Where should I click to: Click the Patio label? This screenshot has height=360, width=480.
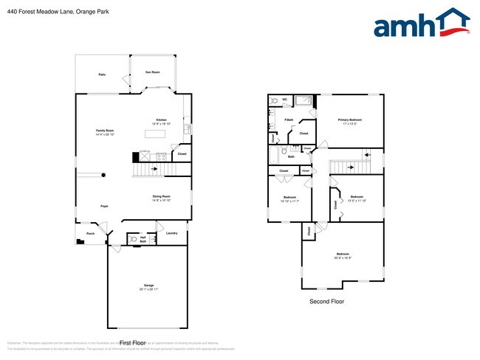[102, 75]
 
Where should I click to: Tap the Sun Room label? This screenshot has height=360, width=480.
[152, 72]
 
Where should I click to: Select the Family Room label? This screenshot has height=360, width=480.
[105, 131]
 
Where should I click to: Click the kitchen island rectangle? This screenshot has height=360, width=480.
[154, 134]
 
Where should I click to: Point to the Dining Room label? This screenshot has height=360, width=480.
[161, 196]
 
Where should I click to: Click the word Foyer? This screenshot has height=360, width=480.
[105, 206]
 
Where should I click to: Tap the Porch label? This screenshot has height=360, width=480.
[90, 233]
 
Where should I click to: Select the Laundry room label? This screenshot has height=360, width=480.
[171, 233]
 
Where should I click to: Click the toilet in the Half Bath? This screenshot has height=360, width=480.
[131, 239]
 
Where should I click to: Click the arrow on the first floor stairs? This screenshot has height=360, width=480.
[154, 169]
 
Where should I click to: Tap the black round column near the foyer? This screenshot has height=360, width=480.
[103, 175]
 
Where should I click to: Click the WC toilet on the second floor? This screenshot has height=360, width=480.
[275, 102]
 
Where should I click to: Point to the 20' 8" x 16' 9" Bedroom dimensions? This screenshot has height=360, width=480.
[343, 257]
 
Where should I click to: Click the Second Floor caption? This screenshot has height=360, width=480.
[326, 301]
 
